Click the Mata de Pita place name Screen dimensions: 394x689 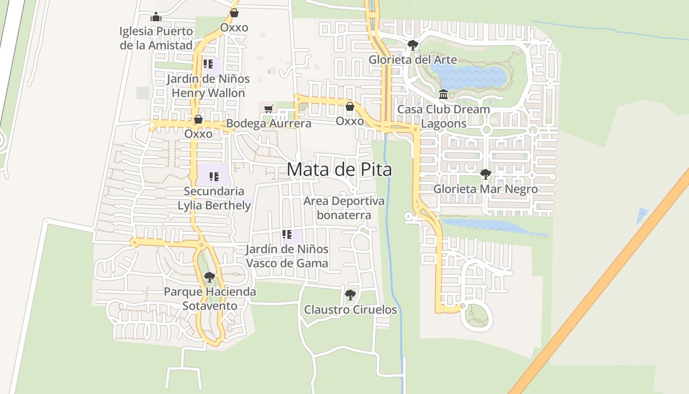[339, 169]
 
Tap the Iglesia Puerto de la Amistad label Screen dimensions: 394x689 [156, 38]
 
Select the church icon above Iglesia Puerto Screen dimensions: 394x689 [156, 17]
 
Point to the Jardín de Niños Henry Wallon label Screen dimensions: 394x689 [208, 86]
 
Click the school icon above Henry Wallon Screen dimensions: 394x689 [208, 64]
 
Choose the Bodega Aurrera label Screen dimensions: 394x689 [269, 123]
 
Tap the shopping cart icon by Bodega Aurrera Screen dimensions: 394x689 [268, 109]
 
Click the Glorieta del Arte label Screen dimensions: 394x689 [412, 60]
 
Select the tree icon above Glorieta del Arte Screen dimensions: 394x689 [412, 45]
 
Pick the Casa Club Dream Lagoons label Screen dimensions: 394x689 [443, 116]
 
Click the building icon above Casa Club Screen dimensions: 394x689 [443, 94]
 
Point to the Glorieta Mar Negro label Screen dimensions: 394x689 [485, 189]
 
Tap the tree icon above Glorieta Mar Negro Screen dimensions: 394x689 [485, 174]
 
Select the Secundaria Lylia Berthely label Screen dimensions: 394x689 [214, 198]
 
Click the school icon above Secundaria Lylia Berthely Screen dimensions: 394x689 [214, 176]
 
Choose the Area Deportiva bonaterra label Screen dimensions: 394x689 [344, 208]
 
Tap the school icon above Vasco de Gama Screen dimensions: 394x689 [287, 234]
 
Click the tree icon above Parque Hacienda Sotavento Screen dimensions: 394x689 [210, 277]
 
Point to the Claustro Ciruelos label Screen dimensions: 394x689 [350, 310]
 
